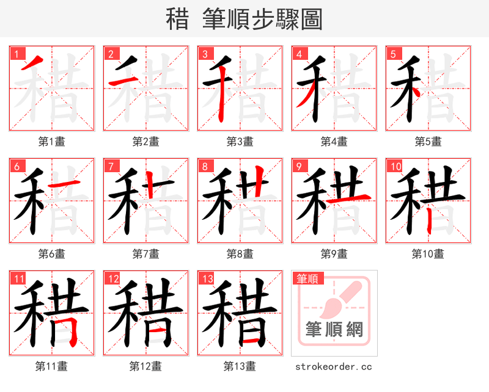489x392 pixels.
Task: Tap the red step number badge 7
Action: point(111,165)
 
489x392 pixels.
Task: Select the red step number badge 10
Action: point(395,165)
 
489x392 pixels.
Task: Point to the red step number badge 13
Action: point(207,278)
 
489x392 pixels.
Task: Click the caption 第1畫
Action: point(52,142)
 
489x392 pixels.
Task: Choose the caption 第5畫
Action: point(428,142)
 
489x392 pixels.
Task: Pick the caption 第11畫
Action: point(52,366)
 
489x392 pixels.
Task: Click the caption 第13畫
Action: point(240,366)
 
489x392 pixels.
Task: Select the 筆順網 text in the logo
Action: point(334,330)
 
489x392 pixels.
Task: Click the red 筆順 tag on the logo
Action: point(306,278)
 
